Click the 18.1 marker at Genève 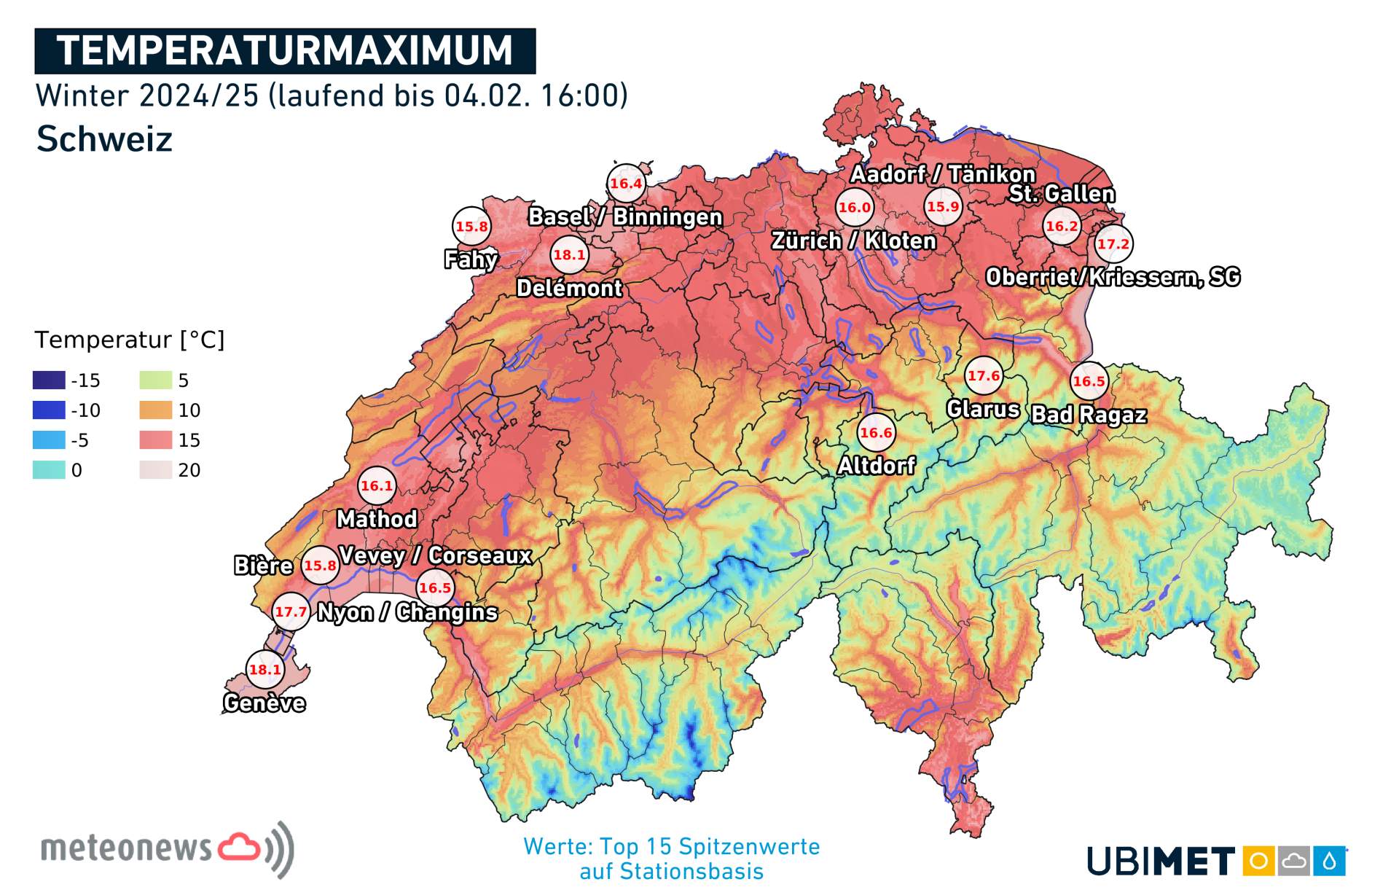(x=264, y=669)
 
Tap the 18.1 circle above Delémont (x=569, y=255)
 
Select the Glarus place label (x=982, y=409)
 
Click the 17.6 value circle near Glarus (x=983, y=376)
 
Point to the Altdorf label (x=876, y=465)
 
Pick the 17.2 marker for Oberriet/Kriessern (x=1113, y=244)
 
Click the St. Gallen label (x=1062, y=194)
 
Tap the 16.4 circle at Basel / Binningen (x=626, y=184)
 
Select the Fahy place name (x=471, y=259)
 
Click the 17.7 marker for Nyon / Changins (x=291, y=611)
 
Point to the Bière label (x=263, y=566)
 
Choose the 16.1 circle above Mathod (x=377, y=485)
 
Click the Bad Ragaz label (x=1089, y=415)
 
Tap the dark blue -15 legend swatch (x=49, y=380)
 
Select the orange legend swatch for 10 (x=155, y=410)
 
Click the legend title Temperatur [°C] (x=130, y=340)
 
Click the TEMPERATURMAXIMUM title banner (x=285, y=51)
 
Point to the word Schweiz (x=104, y=138)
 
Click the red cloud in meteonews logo (x=239, y=847)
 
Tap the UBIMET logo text (x=1160, y=861)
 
